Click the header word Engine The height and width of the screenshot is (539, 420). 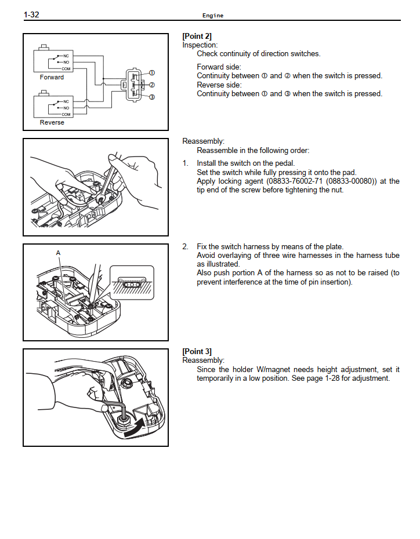coord(212,16)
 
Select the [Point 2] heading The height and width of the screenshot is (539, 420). coord(198,36)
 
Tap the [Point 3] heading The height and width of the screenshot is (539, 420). coord(198,351)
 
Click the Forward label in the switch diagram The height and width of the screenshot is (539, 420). coord(52,77)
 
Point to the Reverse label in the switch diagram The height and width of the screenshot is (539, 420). coord(52,122)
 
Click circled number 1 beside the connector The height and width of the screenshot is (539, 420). coord(152,73)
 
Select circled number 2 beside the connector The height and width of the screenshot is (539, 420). coord(152,85)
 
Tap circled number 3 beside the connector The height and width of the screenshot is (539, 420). coord(152,97)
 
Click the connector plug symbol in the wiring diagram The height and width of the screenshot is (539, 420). coord(132,85)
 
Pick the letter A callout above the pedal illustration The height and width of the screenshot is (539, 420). coord(58,253)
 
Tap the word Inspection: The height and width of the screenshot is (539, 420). coord(200,45)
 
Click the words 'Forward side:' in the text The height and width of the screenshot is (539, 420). coord(218,67)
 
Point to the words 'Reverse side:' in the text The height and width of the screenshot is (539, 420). coord(218,85)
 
